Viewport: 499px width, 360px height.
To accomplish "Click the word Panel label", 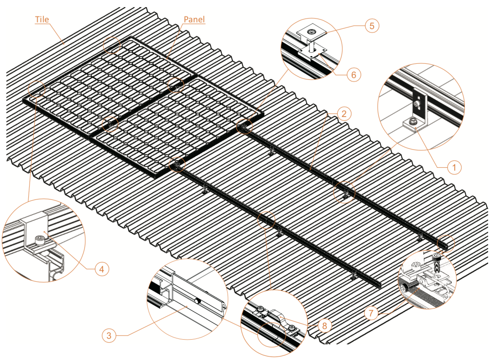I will coord(194,19).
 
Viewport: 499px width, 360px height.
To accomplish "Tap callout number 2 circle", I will coord(344,113).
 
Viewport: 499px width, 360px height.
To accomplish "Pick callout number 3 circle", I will coord(109,335).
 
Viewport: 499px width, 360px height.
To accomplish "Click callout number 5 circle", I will coord(372,26).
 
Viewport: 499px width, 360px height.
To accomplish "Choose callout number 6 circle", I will coord(354,75).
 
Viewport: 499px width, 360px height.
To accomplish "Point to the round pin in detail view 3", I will coord(197,301).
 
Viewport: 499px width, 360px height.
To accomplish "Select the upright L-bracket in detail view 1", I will coord(419,104).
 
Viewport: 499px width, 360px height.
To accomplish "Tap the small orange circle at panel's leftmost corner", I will coord(36,88).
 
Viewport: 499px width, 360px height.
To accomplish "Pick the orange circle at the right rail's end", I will coord(446,244).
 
